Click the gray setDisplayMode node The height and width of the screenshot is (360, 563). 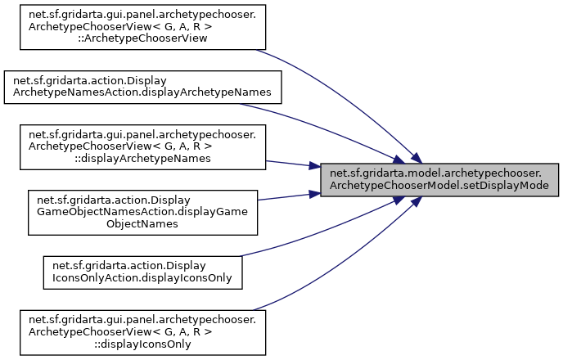click(x=440, y=180)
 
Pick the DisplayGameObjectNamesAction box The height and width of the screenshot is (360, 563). click(x=142, y=209)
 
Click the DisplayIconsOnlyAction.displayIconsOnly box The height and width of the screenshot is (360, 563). click(x=142, y=272)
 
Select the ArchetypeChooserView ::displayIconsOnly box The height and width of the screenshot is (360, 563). click(x=142, y=331)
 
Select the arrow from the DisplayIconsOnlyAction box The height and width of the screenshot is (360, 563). click(x=327, y=237)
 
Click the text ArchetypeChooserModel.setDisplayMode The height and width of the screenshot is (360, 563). click(x=440, y=186)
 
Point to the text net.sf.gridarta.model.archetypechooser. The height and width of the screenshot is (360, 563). click(x=440, y=173)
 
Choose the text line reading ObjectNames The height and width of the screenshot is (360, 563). click(x=142, y=222)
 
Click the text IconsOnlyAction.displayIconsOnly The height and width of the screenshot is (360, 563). click(x=142, y=277)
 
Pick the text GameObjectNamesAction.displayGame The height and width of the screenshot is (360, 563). click(x=142, y=209)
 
